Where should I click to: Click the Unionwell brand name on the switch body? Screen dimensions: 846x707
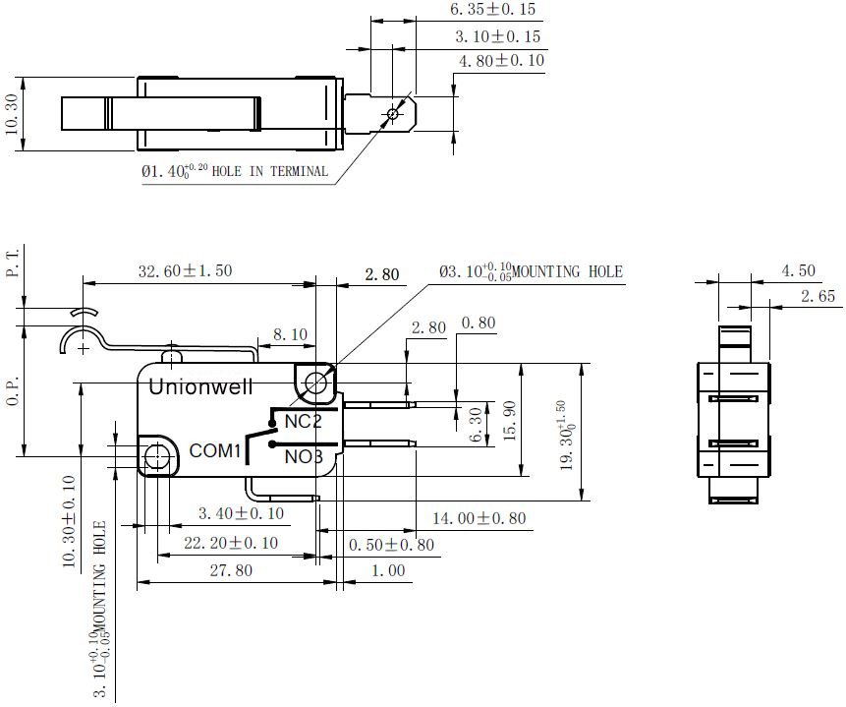[200, 386]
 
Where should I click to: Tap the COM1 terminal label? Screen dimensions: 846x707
[214, 450]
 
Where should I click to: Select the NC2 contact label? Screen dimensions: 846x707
[303, 421]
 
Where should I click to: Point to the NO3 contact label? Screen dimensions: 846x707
[304, 457]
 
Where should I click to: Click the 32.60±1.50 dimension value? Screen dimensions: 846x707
[185, 270]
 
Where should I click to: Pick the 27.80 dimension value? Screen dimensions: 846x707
[231, 570]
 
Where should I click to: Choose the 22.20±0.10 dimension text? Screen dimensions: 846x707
[231, 543]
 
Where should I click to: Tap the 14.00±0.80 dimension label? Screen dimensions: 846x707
[479, 518]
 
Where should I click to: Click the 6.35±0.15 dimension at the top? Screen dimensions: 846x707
[492, 9]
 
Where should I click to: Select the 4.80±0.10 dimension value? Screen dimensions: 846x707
[501, 61]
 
